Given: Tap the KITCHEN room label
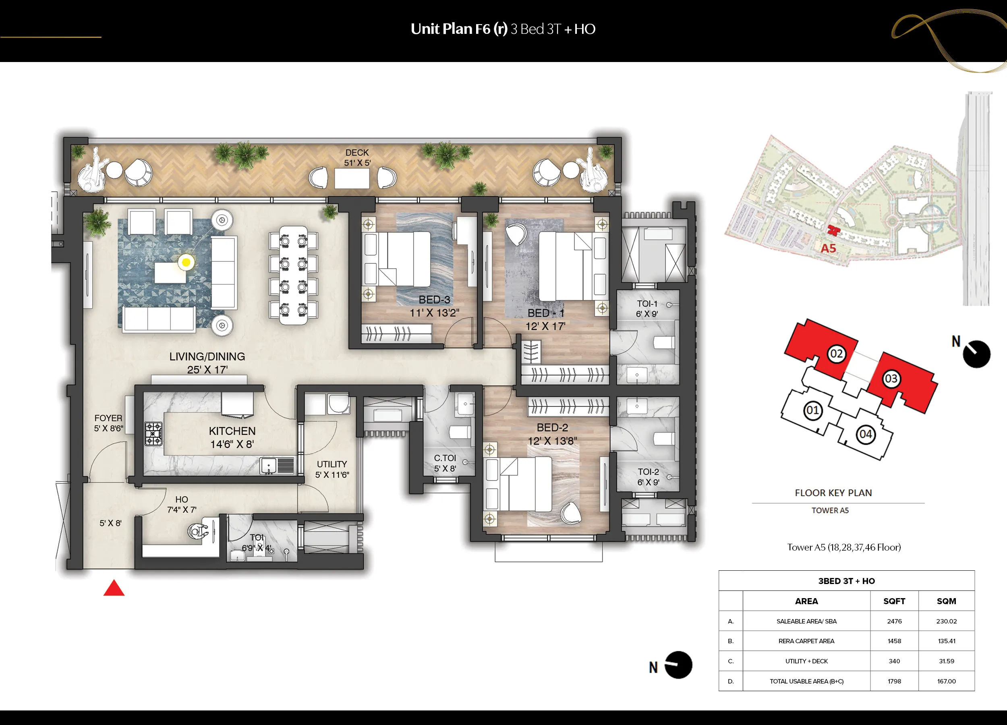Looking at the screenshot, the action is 232,431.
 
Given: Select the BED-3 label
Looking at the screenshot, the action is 434,300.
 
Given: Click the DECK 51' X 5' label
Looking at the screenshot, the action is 357,157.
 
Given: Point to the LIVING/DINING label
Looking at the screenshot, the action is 207,356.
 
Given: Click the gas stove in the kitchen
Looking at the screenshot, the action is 153,434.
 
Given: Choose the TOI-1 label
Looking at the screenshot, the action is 647,304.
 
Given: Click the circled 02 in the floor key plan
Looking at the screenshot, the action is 837,354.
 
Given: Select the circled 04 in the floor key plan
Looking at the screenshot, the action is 866,434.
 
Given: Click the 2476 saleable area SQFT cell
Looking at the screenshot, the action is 894,621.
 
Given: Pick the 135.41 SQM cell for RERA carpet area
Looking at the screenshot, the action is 946,641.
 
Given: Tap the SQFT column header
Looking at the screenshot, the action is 894,601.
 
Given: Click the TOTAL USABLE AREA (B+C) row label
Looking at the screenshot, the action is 806,681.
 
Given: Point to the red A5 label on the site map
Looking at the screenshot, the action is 828,248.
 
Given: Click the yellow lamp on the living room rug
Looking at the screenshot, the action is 186,262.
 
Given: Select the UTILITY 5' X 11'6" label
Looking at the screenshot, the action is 332,469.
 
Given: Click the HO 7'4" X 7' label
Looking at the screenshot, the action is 182,504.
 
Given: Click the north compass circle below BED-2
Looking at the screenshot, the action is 678,665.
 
